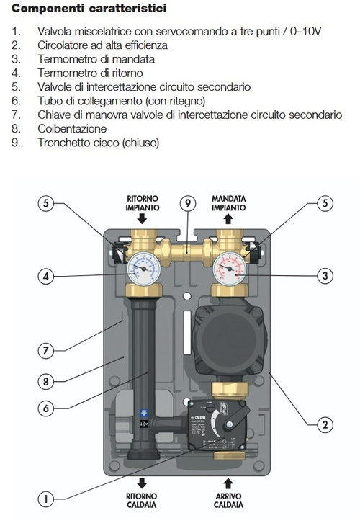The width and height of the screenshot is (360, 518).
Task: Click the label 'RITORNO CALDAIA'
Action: (143, 500)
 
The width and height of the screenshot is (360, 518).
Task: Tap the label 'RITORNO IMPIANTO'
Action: (143, 202)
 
